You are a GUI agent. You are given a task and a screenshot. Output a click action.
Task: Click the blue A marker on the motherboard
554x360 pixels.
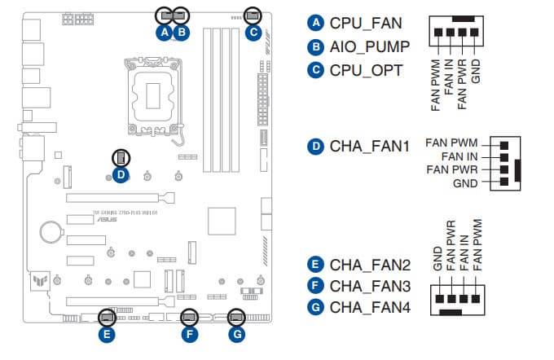click(x=165, y=33)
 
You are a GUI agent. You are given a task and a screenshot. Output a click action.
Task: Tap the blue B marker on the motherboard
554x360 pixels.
click(x=182, y=33)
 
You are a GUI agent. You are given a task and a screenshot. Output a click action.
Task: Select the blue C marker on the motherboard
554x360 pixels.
click(x=253, y=33)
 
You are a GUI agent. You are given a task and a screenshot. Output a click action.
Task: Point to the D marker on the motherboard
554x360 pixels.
click(x=120, y=173)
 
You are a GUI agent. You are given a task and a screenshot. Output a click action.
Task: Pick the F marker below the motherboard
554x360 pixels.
click(x=188, y=333)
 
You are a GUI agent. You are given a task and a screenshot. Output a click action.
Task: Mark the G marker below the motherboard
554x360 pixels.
click(x=236, y=333)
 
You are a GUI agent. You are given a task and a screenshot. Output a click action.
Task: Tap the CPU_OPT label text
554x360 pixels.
click(x=366, y=70)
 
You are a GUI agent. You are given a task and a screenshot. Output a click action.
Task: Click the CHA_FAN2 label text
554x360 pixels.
click(x=371, y=265)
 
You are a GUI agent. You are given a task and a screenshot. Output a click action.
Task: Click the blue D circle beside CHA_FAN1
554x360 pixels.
click(x=315, y=147)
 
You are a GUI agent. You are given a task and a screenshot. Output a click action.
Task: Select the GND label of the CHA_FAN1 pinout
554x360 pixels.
click(x=467, y=183)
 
